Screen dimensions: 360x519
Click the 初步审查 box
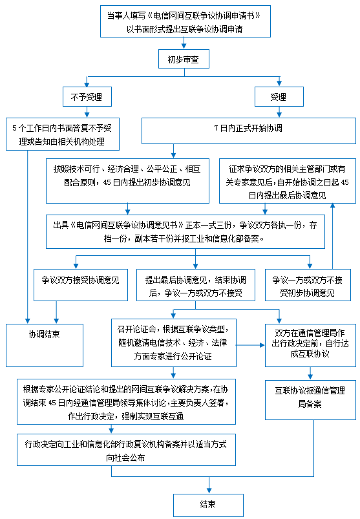click(184, 59)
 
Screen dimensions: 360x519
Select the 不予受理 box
click(87, 97)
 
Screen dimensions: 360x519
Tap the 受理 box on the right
click(279, 97)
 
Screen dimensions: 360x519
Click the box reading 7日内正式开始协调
click(249, 131)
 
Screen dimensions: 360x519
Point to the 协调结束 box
click(45, 345)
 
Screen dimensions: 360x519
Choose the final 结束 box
click(209, 505)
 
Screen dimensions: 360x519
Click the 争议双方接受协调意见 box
click(81, 284)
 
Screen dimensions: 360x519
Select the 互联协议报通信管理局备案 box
click(310, 400)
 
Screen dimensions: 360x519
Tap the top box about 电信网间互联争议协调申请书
click(185, 21)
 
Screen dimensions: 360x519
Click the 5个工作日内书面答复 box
click(63, 134)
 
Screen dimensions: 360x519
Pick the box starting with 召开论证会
click(174, 343)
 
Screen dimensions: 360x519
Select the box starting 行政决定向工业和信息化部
click(127, 450)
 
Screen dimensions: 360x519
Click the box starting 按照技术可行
click(127, 181)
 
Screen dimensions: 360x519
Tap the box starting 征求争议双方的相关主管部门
click(287, 181)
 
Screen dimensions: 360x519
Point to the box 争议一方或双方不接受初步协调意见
click(308, 284)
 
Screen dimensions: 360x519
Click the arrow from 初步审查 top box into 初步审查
click(184, 43)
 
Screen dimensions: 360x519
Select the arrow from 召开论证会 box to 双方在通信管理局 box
click(251, 345)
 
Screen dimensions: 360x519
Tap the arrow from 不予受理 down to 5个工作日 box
click(87, 112)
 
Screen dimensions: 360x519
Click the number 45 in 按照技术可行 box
click(107, 183)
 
